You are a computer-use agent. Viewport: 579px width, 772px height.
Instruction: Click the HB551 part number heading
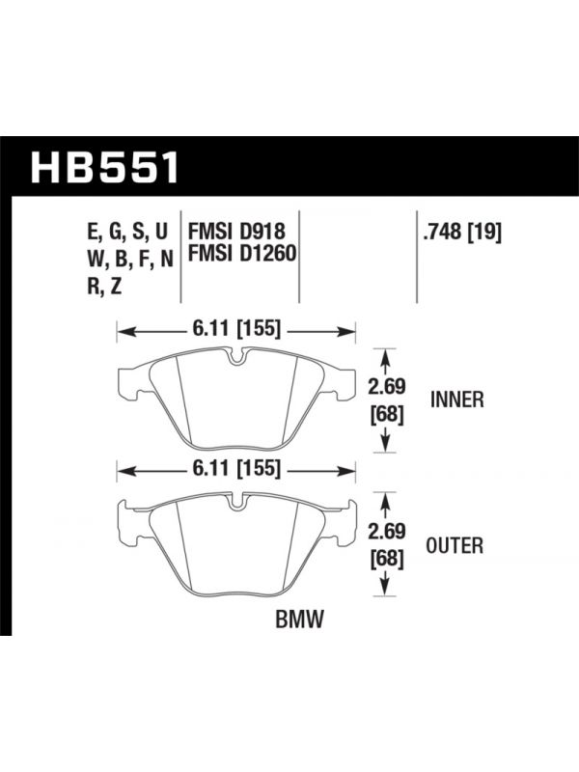[x=105, y=167]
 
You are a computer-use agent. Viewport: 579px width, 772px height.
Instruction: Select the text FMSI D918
[x=236, y=232]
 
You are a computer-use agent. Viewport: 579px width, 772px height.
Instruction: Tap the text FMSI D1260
[x=242, y=254]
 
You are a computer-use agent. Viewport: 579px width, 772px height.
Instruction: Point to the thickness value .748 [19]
[x=462, y=232]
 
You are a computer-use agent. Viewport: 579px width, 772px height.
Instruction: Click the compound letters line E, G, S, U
[x=127, y=232]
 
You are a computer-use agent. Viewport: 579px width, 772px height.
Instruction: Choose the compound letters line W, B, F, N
[x=130, y=259]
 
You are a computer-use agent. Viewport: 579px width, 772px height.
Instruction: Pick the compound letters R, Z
[x=104, y=286]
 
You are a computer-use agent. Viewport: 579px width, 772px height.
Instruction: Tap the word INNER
[x=457, y=400]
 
